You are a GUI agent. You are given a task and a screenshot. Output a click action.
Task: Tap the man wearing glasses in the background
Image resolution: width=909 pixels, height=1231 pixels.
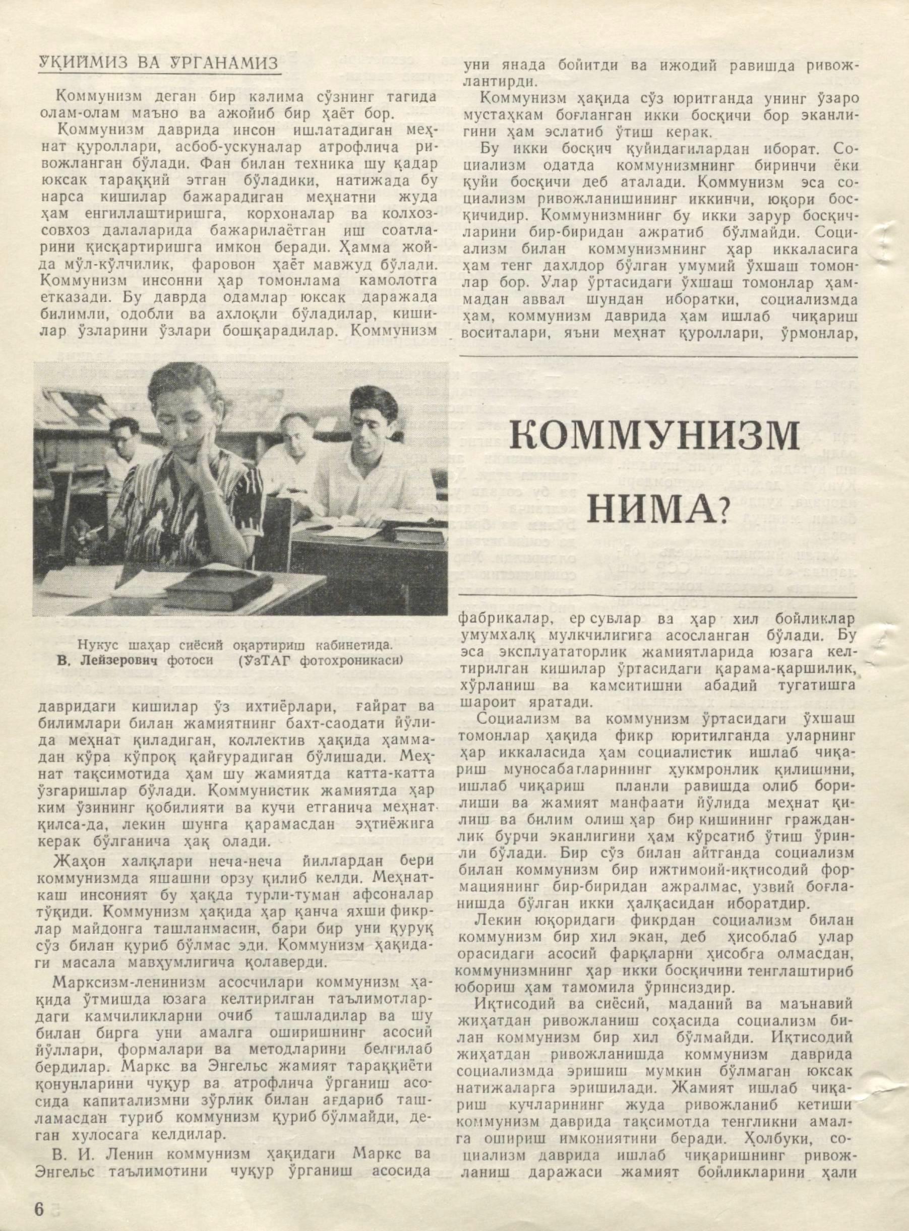tap(127, 444)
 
